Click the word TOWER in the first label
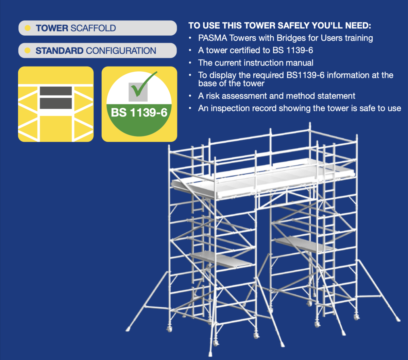pos(52,28)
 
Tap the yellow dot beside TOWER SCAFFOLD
pos(28,28)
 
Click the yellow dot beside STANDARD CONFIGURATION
pos(28,51)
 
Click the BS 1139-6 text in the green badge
pos(139,112)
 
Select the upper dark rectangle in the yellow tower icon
pos(56,91)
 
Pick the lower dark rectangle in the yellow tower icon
pos(56,103)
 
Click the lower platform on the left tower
pos(221,259)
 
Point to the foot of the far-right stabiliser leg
pos(398,320)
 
